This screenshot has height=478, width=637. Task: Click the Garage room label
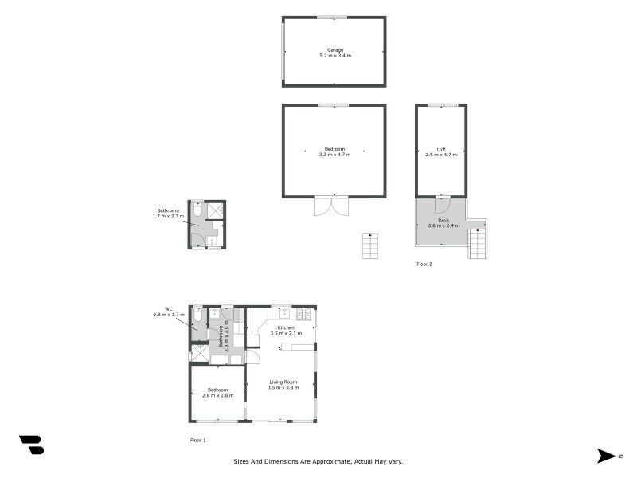click(335, 50)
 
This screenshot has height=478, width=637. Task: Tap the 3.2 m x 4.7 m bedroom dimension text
click(334, 155)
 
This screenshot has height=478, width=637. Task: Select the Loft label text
click(441, 149)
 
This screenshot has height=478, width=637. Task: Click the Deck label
click(444, 221)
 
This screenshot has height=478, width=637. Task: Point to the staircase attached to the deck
click(477, 244)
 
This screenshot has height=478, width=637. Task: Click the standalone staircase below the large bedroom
click(370, 246)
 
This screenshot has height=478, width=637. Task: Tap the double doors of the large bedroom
click(331, 206)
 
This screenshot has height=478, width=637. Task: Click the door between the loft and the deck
click(442, 205)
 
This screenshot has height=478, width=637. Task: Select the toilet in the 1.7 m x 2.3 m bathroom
click(197, 209)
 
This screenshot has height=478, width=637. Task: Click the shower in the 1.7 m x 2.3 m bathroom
click(215, 210)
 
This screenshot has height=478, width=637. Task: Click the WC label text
click(169, 309)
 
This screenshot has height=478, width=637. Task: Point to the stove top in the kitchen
click(304, 314)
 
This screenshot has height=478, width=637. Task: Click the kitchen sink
click(284, 313)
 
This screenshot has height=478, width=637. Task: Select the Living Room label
click(283, 382)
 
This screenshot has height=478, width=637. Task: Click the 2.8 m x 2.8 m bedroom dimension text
click(217, 395)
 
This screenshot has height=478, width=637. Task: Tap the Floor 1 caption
click(197, 441)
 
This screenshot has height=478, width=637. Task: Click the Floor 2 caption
click(424, 264)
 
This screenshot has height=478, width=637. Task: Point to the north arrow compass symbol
click(606, 456)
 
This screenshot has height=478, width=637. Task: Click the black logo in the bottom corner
click(32, 445)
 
